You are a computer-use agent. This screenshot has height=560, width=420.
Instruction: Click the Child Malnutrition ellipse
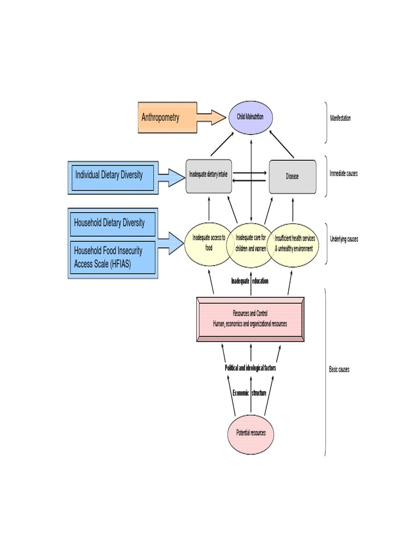[250, 118]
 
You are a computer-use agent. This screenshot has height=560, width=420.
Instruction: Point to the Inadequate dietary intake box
[209, 176]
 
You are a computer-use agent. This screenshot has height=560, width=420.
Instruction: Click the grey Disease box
[292, 176]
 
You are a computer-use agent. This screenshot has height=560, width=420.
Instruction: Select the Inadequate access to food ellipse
[209, 243]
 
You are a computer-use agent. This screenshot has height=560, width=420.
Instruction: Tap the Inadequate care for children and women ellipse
[250, 243]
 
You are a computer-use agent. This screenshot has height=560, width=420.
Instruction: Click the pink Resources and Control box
[250, 319]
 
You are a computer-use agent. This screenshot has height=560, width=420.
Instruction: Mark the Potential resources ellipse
[250, 433]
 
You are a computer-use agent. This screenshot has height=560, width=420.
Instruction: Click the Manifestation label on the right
[340, 119]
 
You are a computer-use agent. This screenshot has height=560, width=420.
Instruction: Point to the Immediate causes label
[343, 173]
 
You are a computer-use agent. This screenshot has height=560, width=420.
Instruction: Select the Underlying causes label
[343, 239]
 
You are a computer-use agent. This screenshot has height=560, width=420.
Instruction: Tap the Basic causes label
[339, 369]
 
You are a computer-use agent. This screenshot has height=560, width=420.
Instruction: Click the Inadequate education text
[250, 281]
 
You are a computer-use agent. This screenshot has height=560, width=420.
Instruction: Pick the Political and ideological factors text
[250, 368]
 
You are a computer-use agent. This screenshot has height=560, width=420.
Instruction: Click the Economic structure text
[249, 393]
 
